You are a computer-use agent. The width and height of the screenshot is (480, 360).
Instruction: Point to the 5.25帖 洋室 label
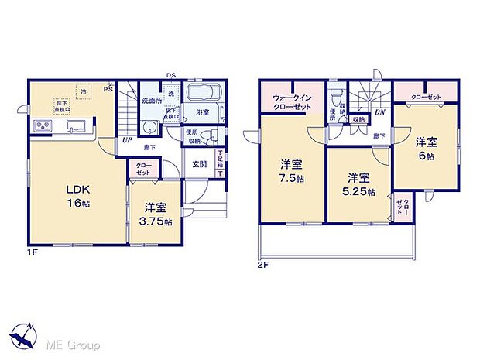359,183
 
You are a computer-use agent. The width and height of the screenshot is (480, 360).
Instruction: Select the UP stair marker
125,141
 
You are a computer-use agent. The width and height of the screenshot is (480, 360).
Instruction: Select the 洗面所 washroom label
151,101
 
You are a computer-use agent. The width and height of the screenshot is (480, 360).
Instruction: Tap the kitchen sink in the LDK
77,127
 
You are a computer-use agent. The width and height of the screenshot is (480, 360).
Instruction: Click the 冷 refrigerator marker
84,91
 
